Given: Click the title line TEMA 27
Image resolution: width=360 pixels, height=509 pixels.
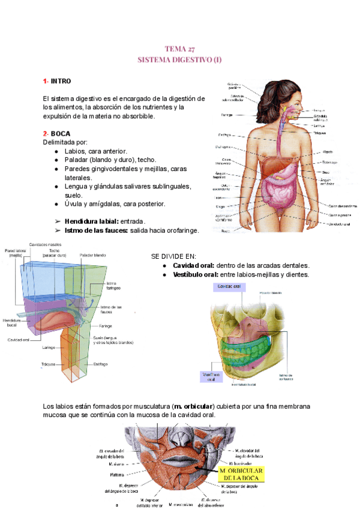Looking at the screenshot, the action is pyautogui.click(x=179, y=49).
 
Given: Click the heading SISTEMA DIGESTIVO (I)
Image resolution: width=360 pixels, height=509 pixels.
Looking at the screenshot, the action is pyautogui.click(x=179, y=60).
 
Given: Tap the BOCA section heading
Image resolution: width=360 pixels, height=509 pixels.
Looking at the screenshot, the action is pyautogui.click(x=60, y=133).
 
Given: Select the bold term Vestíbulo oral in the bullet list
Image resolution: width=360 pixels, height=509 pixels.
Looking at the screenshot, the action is pyautogui.click(x=195, y=274).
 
